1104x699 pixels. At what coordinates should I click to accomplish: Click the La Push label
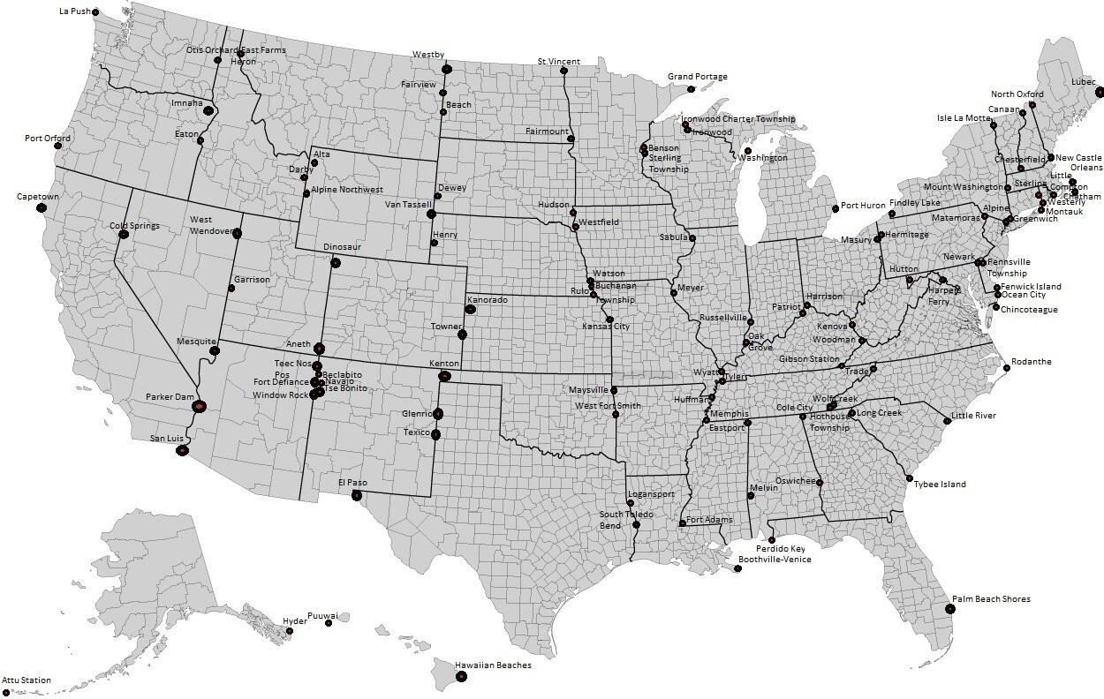[x=74, y=11]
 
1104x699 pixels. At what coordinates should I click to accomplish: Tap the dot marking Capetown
[x=42, y=207]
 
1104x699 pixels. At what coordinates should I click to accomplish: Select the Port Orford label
[x=48, y=139]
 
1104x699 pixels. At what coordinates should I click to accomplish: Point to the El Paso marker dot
[x=357, y=495]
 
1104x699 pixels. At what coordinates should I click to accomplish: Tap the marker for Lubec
[x=1100, y=92]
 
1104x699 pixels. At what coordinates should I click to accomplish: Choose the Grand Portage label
[x=698, y=77]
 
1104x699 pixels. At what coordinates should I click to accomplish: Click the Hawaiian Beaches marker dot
[x=461, y=677]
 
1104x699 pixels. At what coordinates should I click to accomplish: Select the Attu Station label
[x=26, y=680]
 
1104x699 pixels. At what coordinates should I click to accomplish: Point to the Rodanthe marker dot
[x=1007, y=368]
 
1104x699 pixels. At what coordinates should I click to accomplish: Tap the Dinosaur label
[x=343, y=247]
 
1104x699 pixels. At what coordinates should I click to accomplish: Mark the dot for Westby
[x=447, y=69]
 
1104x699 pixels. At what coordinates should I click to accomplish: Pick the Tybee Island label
[x=940, y=484]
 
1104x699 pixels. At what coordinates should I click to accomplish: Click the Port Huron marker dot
[x=836, y=209]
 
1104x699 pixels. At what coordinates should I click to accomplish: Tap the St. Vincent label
[x=559, y=62]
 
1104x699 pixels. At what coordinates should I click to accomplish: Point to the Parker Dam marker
[x=200, y=406]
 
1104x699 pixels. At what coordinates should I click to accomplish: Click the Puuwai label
[x=322, y=615]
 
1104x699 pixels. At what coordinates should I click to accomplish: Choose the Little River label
[x=973, y=416]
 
